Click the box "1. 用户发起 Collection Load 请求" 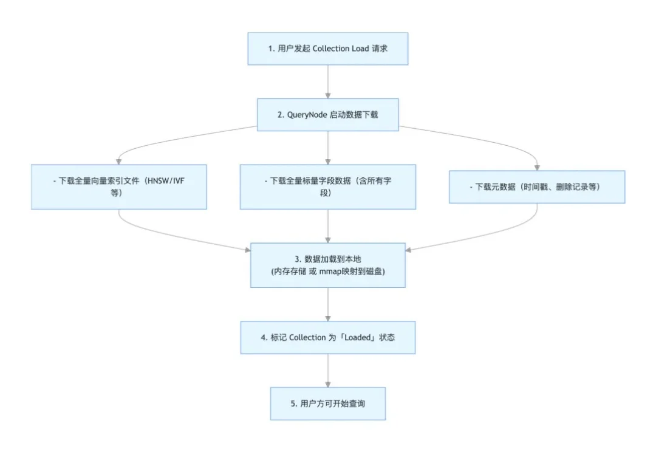click(328, 49)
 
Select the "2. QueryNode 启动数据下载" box click(328, 114)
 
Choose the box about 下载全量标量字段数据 click(328, 187)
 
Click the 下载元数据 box click(537, 187)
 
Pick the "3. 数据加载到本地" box click(328, 265)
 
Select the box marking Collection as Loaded click(328, 337)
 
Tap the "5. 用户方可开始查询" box click(328, 403)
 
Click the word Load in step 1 click(360, 49)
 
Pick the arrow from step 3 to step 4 click(328, 304)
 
